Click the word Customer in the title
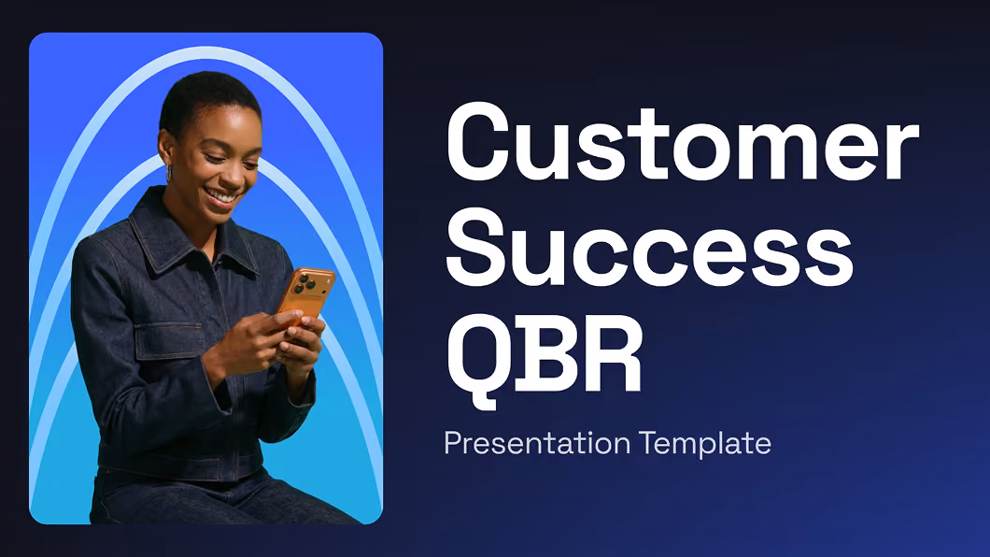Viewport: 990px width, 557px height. click(x=682, y=141)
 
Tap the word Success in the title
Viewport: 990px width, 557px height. click(x=650, y=248)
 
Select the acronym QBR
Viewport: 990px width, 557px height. click(x=544, y=355)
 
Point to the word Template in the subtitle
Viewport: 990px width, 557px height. click(x=704, y=442)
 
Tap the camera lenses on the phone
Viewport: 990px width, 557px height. click(x=304, y=282)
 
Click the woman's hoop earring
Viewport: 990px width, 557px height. click(x=169, y=172)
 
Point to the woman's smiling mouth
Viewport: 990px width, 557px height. click(x=222, y=197)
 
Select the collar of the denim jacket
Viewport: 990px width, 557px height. click(x=190, y=240)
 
